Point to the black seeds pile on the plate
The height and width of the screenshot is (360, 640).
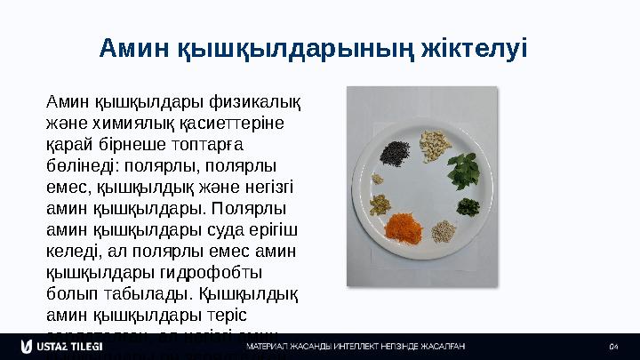tap(393, 148)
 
